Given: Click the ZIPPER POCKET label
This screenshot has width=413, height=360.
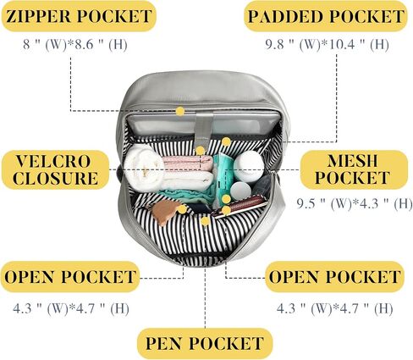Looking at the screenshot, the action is [79, 16].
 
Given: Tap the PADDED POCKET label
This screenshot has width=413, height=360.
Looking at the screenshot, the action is [326, 16].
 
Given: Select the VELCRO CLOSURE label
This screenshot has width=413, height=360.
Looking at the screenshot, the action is [55, 169].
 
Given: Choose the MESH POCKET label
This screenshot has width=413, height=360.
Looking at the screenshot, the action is [354, 169].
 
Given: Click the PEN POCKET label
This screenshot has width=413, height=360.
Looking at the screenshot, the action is [205, 343].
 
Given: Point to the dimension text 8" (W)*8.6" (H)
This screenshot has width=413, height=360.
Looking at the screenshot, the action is [75, 44].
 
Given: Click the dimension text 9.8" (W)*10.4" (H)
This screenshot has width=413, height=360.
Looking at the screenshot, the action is [328, 44].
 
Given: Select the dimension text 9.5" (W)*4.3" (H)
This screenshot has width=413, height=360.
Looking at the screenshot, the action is [355, 203].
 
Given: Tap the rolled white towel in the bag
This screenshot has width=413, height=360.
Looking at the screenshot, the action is [144, 167].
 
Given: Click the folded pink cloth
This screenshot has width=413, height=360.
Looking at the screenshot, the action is [188, 163].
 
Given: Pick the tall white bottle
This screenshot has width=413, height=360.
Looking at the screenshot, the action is [248, 165].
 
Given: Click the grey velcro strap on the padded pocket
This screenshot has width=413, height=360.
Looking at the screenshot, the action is [205, 129].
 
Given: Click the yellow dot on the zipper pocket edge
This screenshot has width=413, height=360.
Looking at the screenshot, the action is [180, 111].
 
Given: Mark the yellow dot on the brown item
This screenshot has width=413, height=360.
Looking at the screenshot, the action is [182, 209].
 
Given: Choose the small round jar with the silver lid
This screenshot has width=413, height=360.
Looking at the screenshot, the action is [240, 190].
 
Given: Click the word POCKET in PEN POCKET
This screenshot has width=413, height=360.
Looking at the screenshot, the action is [226, 343].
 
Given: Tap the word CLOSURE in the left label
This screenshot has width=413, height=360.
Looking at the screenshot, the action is [55, 178].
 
